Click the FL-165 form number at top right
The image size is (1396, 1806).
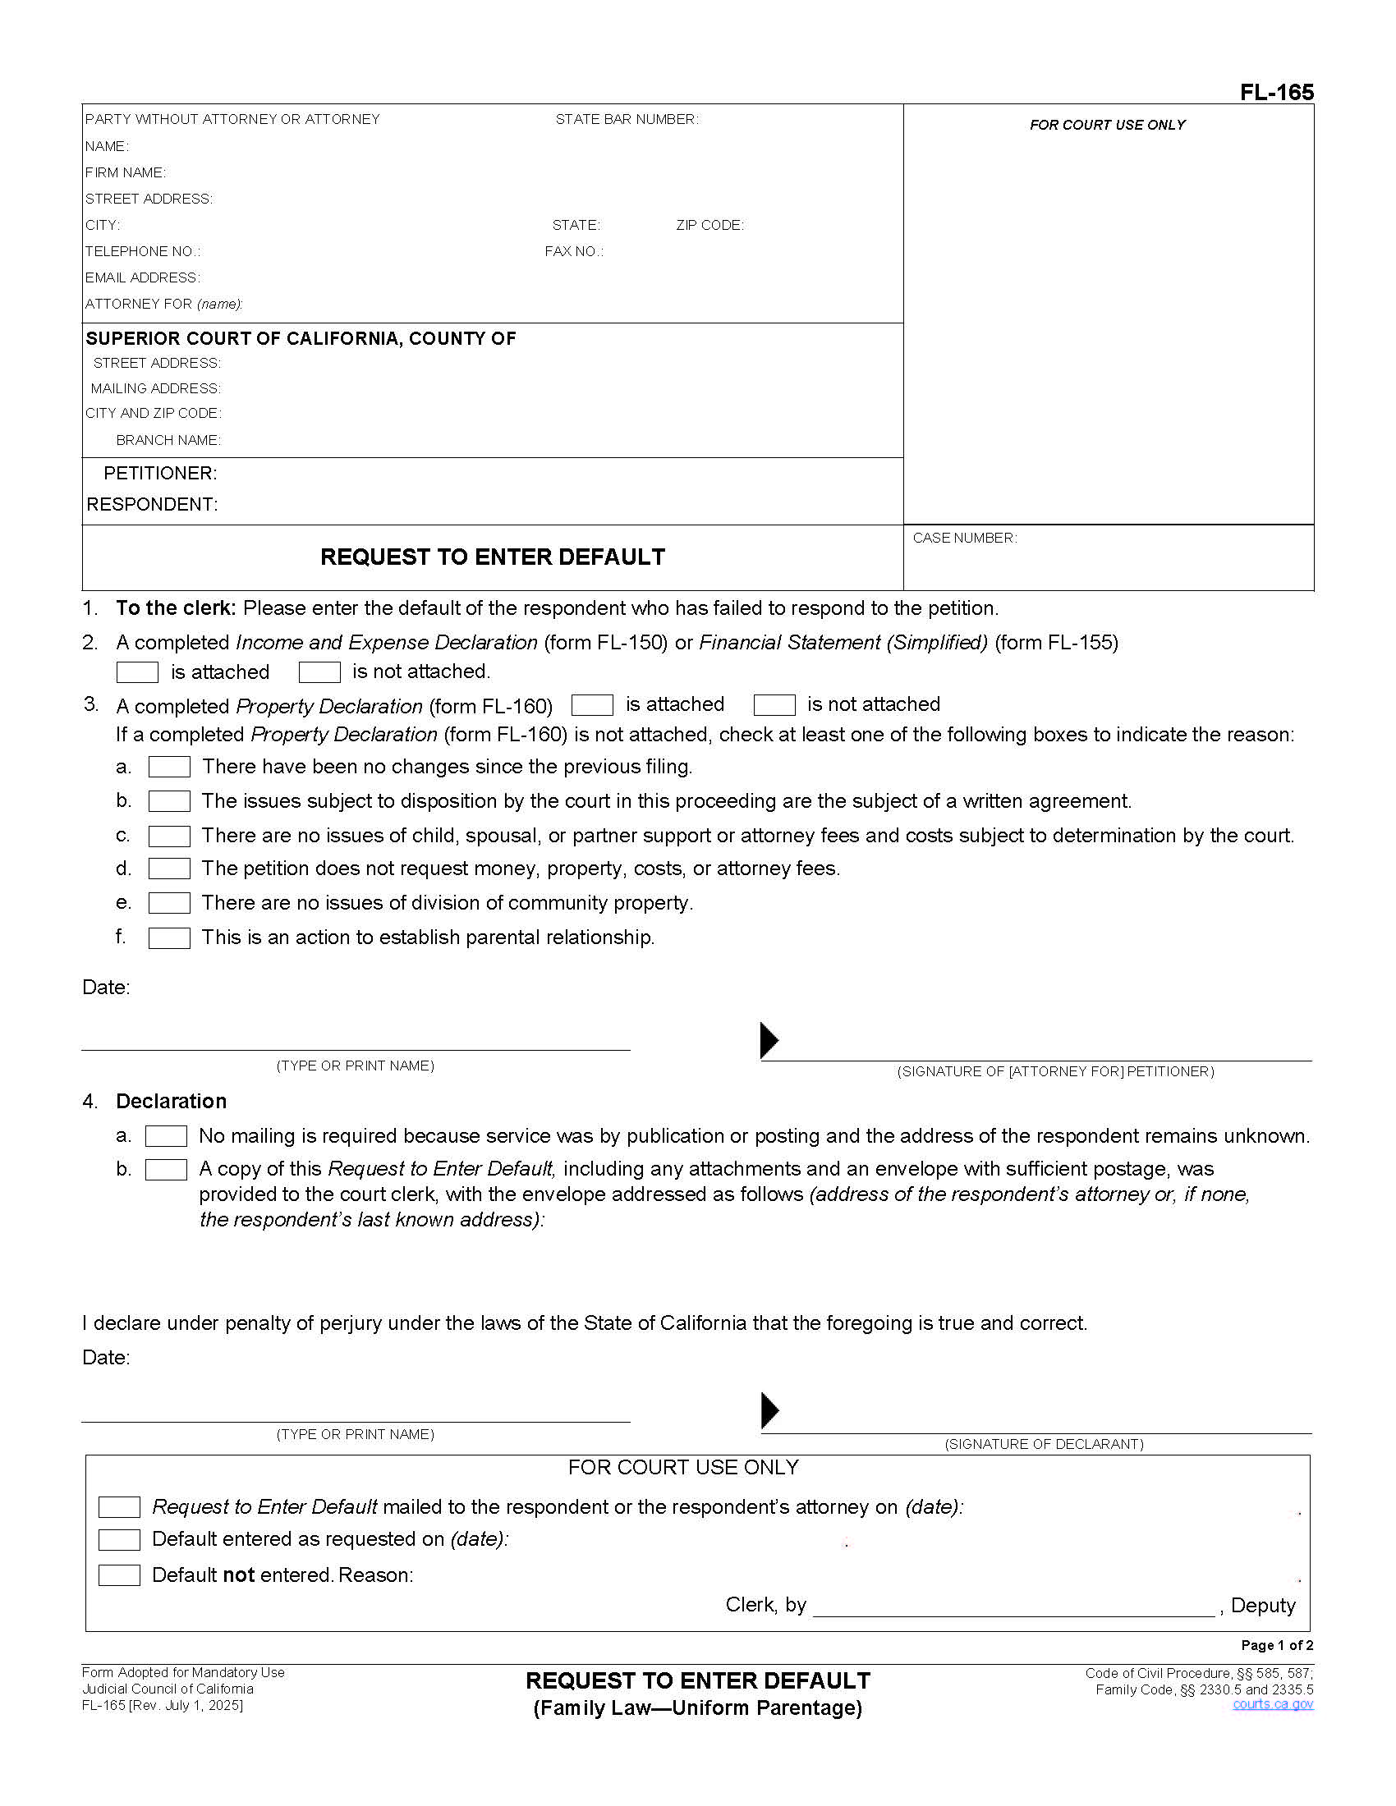point(1276,92)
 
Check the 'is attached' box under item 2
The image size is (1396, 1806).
point(137,672)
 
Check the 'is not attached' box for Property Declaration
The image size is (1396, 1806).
point(774,705)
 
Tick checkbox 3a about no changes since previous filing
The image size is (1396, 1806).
point(169,768)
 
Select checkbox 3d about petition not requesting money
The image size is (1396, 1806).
point(169,869)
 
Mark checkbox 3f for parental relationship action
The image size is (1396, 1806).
point(169,938)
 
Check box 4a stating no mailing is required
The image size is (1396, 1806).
point(166,1136)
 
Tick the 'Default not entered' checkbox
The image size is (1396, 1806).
point(119,1575)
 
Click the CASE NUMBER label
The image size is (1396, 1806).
point(964,539)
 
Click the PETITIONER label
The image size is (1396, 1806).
point(159,474)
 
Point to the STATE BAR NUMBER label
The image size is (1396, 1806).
point(626,120)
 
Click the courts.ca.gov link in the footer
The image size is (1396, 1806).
point(1272,1704)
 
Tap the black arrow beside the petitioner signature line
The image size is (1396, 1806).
point(769,1040)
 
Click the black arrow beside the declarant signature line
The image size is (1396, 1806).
point(769,1410)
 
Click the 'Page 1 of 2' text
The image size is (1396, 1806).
point(1276,1646)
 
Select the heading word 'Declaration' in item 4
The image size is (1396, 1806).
point(171,1102)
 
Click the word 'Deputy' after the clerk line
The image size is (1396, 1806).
point(1263,1606)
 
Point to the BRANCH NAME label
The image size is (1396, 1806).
point(168,441)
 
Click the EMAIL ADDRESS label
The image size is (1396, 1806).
point(142,277)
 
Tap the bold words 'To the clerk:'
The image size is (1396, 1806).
point(176,608)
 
